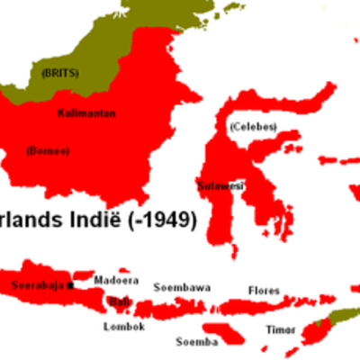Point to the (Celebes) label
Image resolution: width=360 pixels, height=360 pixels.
[x=253, y=125]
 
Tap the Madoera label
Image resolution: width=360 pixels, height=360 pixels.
[x=116, y=280]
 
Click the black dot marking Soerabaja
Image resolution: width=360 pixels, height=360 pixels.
[x=70, y=286]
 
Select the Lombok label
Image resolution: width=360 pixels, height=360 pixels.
[x=124, y=326]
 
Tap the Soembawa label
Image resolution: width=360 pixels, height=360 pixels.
[x=182, y=287]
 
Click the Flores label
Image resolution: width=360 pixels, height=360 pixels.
[x=264, y=291]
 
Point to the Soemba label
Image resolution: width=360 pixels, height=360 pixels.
[x=193, y=342]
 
